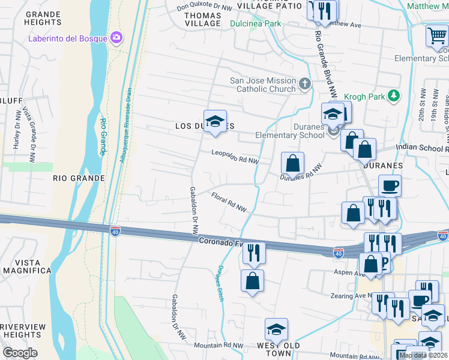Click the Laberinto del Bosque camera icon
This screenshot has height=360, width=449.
116,38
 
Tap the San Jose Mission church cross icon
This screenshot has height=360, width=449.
305,83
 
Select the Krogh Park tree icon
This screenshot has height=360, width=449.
393,95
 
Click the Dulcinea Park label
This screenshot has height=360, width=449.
256,24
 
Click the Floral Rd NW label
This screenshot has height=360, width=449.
229,202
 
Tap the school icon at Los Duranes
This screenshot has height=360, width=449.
214,122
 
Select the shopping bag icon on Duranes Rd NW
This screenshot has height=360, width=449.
292,163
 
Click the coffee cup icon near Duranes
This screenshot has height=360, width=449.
390,185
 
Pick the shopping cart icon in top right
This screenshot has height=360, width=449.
437,35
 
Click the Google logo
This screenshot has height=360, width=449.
20,352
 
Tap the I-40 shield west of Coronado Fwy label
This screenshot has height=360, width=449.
116,231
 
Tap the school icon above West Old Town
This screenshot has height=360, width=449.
276,329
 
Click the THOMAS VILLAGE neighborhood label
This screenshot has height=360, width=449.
202,19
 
